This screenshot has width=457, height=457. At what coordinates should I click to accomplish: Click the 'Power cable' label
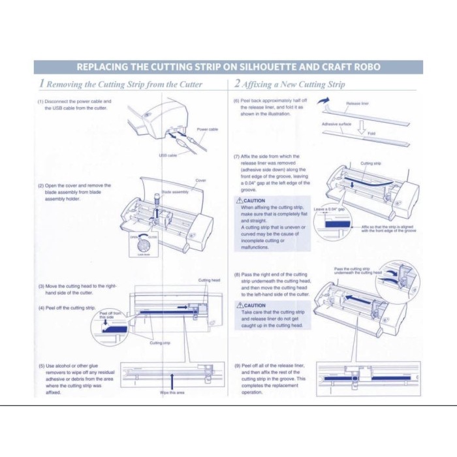click(207, 129)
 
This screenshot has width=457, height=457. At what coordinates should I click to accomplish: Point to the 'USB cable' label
click(168, 155)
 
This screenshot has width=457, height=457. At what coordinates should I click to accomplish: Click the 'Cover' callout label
click(200, 180)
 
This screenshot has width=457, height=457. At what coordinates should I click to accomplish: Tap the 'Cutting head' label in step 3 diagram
click(208, 280)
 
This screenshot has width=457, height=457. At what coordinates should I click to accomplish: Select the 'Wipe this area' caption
click(172, 392)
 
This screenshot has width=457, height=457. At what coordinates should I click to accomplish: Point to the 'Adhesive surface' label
click(337, 123)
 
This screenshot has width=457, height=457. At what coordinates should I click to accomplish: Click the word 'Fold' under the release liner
click(371, 133)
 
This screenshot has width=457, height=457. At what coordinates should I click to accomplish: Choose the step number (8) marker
click(238, 275)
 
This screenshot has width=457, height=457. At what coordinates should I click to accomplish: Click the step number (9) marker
click(238, 366)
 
